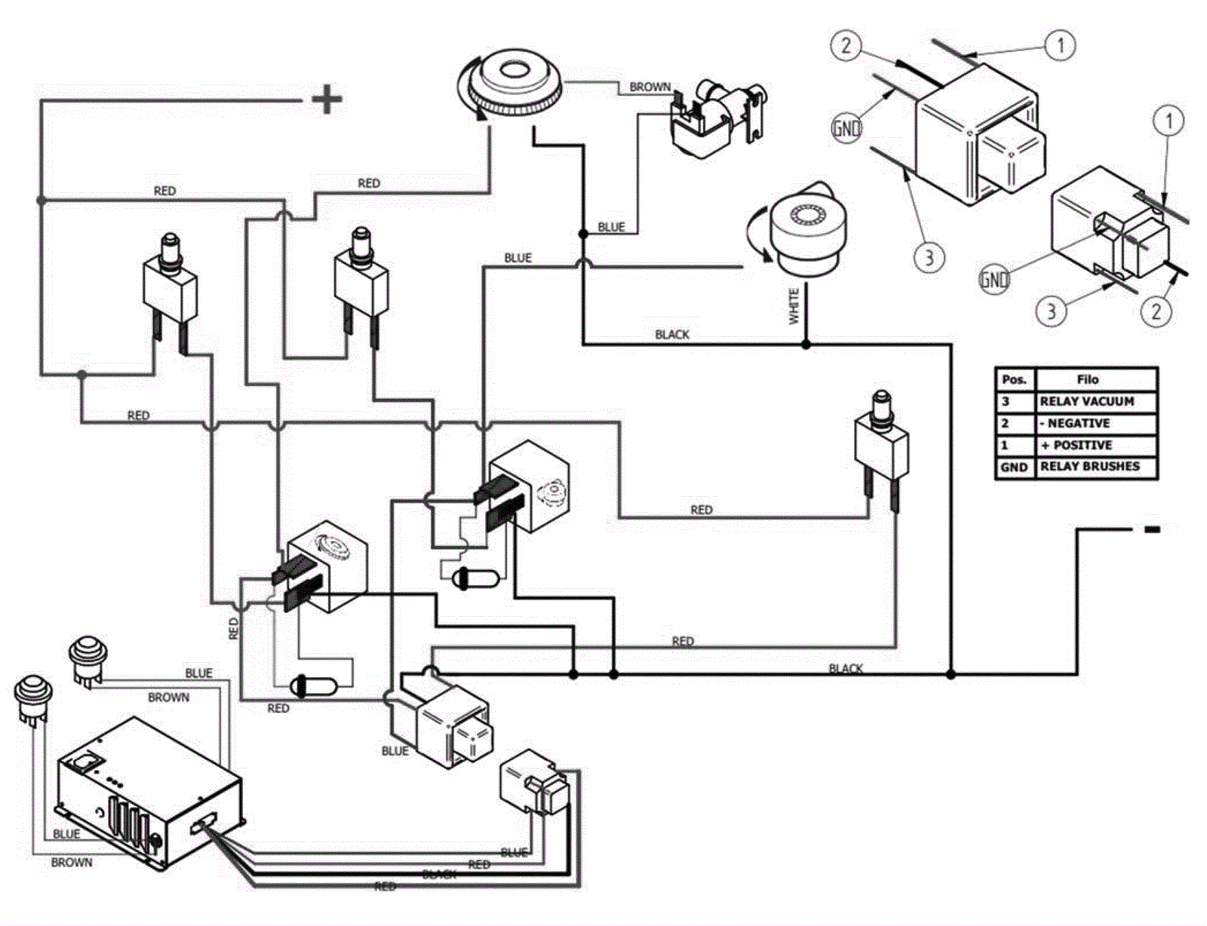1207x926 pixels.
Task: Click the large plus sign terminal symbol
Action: tap(327, 99)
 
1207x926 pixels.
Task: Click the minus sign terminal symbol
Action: tap(1151, 529)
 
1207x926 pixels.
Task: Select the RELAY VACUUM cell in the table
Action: tap(1095, 402)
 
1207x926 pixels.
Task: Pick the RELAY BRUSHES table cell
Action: tap(1095, 467)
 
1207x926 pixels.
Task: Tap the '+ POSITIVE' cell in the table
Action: tap(1095, 445)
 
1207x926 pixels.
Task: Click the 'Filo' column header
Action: tap(1095, 379)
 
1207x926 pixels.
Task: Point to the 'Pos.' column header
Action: tap(1014, 379)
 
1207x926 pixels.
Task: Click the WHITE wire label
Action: tap(794, 306)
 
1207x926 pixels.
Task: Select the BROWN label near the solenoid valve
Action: tap(650, 87)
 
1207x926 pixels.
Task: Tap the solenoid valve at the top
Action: tap(717, 113)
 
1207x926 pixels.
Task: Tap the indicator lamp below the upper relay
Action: tap(475, 579)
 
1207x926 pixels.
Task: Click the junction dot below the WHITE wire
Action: tap(806, 345)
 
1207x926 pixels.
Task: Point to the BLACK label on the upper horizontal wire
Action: tap(671, 334)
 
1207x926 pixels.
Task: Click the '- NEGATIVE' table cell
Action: tap(1095, 423)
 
